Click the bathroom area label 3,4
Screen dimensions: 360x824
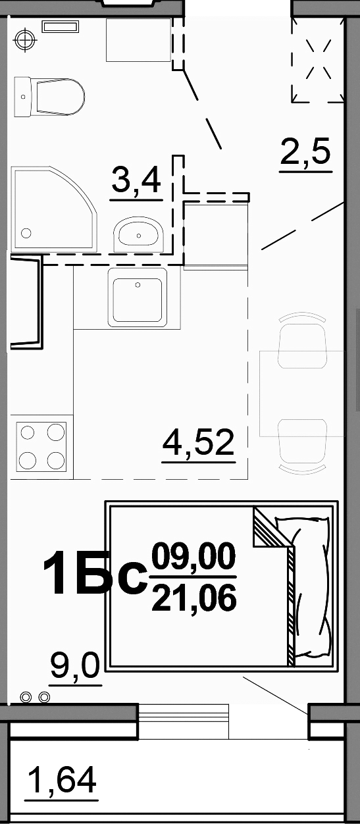click(x=136, y=180)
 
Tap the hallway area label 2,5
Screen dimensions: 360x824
click(x=305, y=151)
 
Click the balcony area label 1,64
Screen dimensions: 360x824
click(x=62, y=779)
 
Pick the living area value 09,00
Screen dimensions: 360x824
click(x=193, y=556)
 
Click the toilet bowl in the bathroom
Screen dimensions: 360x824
click(x=61, y=97)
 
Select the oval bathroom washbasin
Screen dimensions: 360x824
click(x=138, y=234)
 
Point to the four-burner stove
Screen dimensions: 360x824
click(x=41, y=447)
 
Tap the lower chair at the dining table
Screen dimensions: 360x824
click(x=303, y=446)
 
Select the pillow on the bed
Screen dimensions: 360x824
click(x=311, y=588)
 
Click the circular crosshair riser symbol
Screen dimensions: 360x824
click(x=25, y=39)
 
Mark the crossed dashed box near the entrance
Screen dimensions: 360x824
click(x=318, y=61)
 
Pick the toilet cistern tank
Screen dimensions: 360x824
click(x=22, y=97)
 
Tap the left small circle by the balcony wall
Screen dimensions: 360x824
click(x=26, y=696)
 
